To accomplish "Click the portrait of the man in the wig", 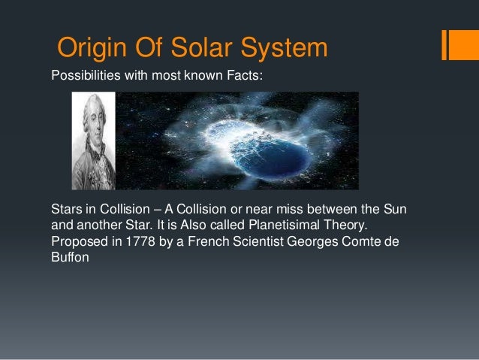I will click(x=93, y=141).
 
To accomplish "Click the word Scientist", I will click(x=278, y=241).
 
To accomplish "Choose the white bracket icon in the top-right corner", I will click(x=455, y=44).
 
